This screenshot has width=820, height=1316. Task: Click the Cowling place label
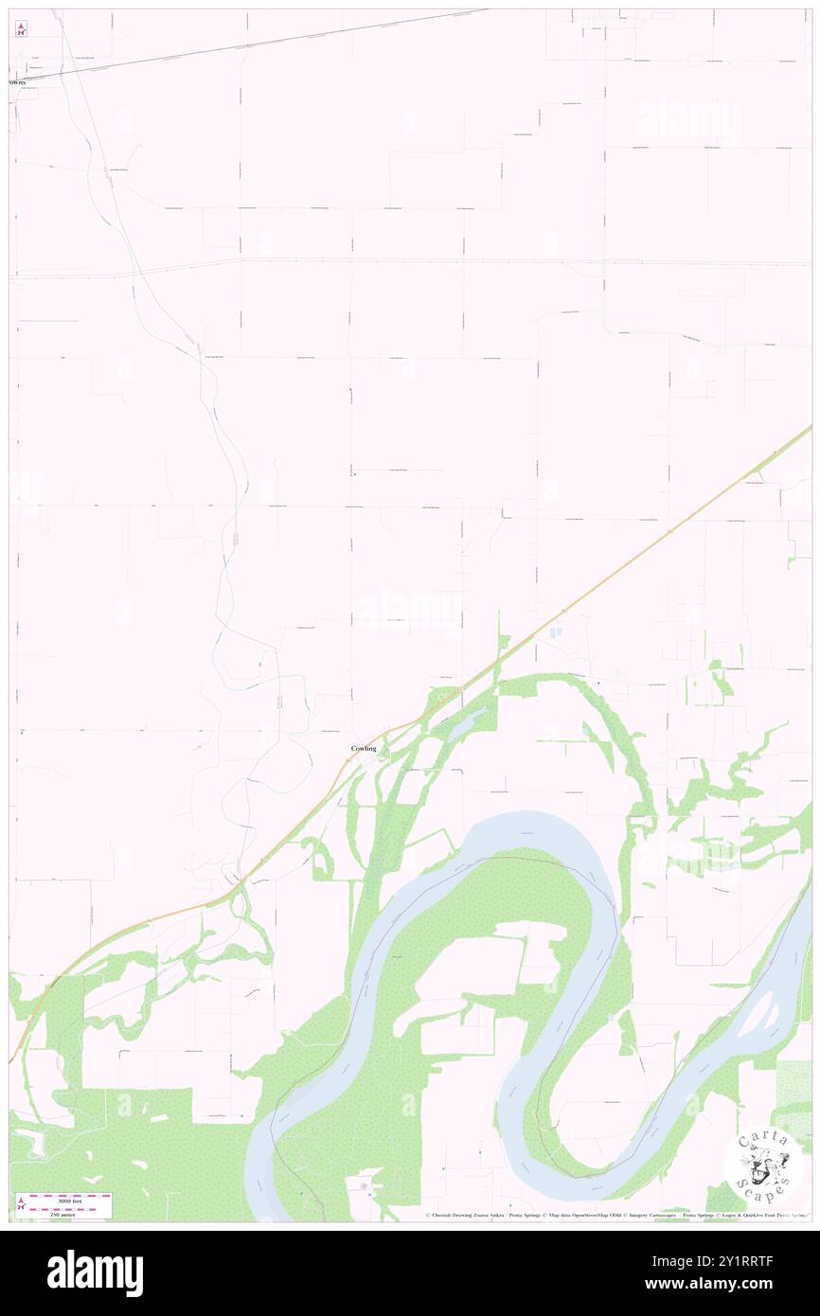pyautogui.click(x=364, y=749)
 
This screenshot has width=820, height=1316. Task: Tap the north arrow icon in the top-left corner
pyautogui.click(x=21, y=28)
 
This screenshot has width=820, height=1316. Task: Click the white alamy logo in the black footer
pyautogui.click(x=95, y=1272)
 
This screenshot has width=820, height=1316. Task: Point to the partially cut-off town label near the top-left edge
pyautogui.click(x=17, y=82)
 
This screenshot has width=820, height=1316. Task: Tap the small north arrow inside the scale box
pyautogui.click(x=21, y=1204)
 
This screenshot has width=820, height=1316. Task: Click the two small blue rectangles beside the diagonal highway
pyautogui.click(x=556, y=631)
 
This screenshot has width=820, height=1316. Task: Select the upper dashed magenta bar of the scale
pyautogui.click(x=70, y=1196)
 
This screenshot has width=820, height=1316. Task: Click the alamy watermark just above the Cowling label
pyautogui.click(x=408, y=611)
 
